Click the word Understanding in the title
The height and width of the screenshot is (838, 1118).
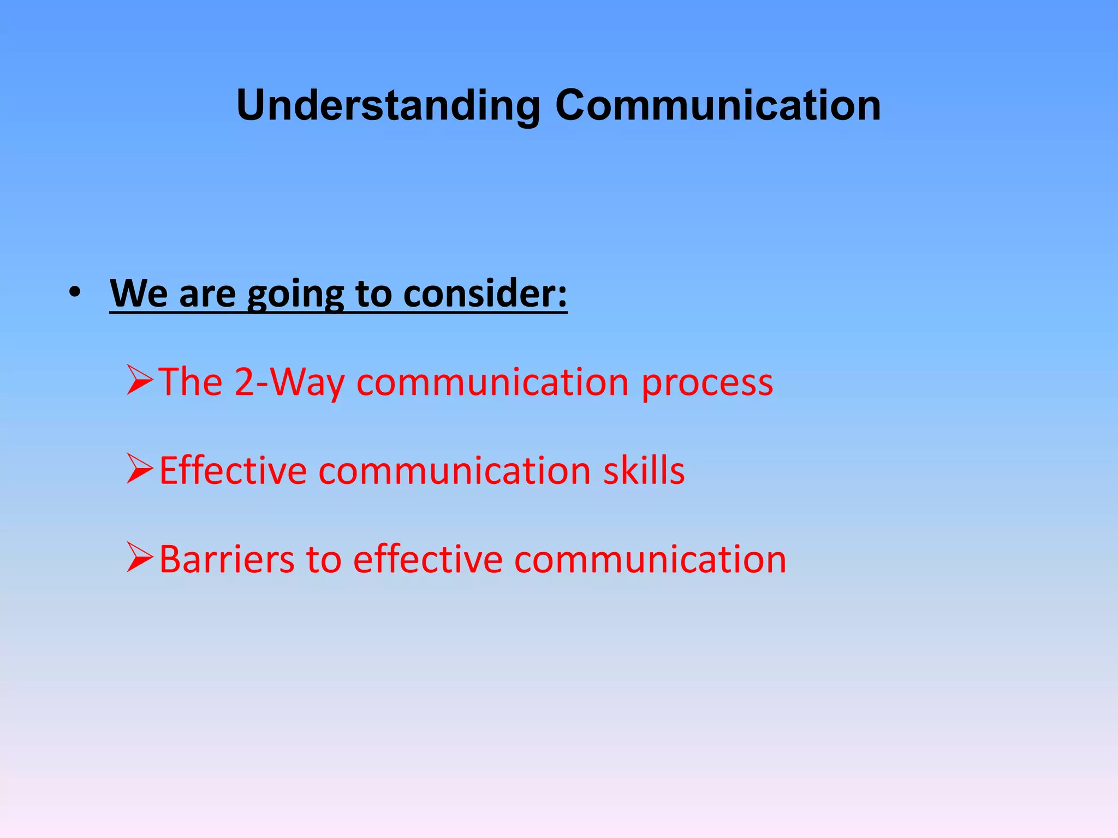pyautogui.click(x=388, y=105)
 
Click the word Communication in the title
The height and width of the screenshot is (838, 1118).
pyautogui.click(x=717, y=105)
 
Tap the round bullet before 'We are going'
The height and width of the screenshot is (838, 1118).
pyautogui.click(x=75, y=293)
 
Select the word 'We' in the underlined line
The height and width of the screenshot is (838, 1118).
pyautogui.click(x=139, y=294)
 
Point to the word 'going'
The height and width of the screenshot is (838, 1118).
pyautogui.click(x=295, y=295)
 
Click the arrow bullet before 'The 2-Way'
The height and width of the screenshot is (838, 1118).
pyautogui.click(x=140, y=380)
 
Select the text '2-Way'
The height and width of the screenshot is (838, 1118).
pyautogui.click(x=289, y=382)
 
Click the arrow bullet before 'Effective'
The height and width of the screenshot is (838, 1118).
pyautogui.click(x=140, y=469)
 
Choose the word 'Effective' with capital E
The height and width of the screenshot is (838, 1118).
pyautogui.click(x=233, y=470)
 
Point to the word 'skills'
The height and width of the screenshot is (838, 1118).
pyautogui.click(x=644, y=470)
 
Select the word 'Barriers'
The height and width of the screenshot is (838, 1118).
pyautogui.click(x=227, y=559)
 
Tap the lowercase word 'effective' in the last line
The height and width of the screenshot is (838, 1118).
pyautogui.click(x=427, y=559)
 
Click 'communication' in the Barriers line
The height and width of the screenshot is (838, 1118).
pyautogui.click(x=650, y=559)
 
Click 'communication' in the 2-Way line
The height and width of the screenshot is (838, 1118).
pyautogui.click(x=492, y=382)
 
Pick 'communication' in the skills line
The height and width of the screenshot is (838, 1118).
pyautogui.click(x=454, y=470)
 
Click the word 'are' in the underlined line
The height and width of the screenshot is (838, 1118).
pyautogui.click(x=207, y=295)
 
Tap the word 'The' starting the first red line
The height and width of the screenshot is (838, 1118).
pyautogui.click(x=191, y=382)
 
